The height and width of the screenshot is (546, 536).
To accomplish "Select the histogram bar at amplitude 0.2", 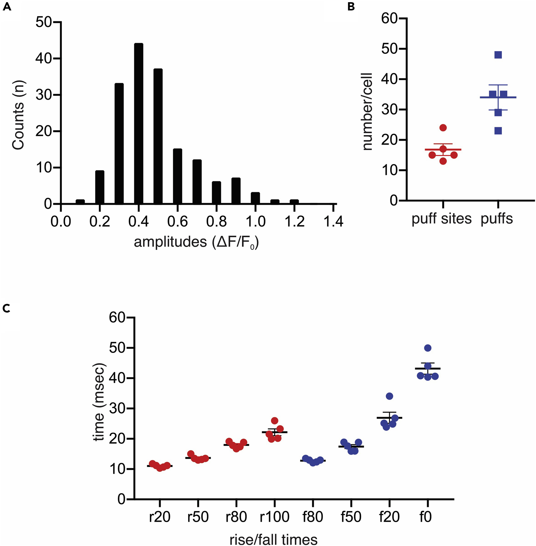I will coord(100,187).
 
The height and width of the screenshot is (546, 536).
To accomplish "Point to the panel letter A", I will coord(7,7).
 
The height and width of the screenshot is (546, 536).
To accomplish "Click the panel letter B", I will coord(351,7).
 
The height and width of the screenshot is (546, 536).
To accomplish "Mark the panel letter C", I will coord(6,309).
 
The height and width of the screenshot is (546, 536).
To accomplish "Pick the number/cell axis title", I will coord(367,112).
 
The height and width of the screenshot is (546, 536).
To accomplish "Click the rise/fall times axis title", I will coord(273,539).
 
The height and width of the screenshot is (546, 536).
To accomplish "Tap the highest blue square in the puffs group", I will coord(498,55).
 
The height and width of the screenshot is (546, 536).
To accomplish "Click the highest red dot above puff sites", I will coord(443,128).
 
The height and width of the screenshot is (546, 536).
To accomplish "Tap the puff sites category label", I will coord(441,219).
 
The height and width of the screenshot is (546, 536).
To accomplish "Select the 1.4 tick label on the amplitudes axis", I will coord(333,222).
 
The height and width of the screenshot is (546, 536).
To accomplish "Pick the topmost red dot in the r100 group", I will coord(275,421).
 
